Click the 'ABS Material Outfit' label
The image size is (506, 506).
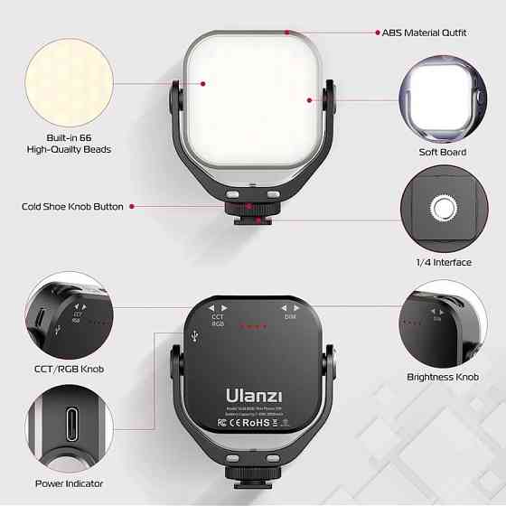pyautogui.click(x=425, y=33)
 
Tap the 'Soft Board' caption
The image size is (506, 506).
pyautogui.click(x=442, y=152)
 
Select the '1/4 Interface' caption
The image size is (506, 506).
pyautogui.click(x=442, y=262)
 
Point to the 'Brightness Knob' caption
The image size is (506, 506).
pyautogui.click(x=442, y=377)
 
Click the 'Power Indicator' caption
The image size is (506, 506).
pyautogui.click(x=69, y=483)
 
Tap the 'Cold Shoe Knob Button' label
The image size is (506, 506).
pyautogui.click(x=72, y=207)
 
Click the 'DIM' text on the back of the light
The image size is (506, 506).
pyautogui.click(x=289, y=318)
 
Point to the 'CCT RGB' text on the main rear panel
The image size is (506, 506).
pyautogui.click(x=218, y=322)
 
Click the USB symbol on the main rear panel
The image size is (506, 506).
pyautogui.click(x=196, y=336)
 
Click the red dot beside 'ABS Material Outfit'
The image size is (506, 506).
pyautogui.click(x=375, y=33)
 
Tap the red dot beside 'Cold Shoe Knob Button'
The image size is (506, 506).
pyautogui.click(x=132, y=207)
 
